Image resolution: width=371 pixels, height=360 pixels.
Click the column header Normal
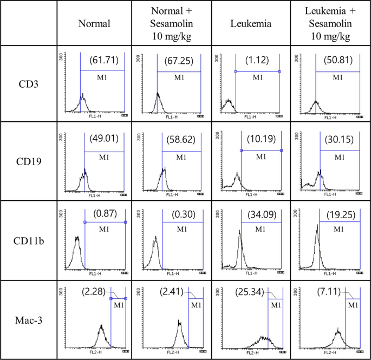(x=95, y=24)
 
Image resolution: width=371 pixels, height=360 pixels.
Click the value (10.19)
(x=260, y=140)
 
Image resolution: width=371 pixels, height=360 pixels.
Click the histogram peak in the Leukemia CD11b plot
(x=240, y=232)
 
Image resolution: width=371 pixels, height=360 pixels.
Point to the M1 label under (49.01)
(x=103, y=157)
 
